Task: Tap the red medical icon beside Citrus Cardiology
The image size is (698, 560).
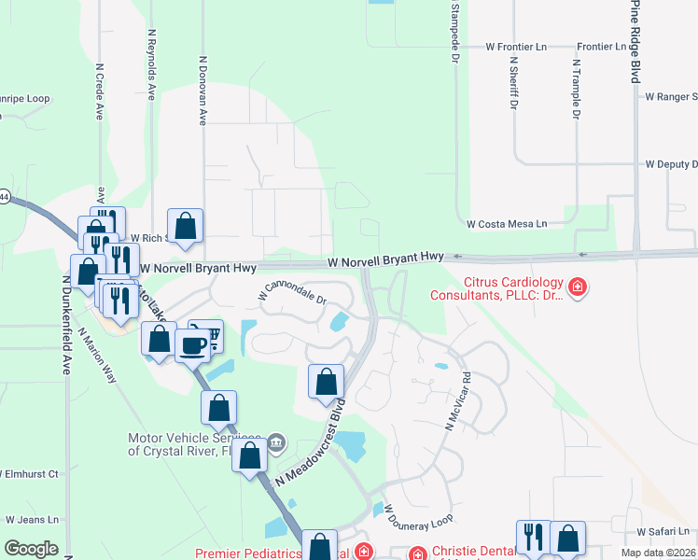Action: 578,287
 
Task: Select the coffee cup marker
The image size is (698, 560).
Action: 192,345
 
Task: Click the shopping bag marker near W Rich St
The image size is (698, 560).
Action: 186,226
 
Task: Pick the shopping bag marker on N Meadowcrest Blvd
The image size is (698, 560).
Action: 326,382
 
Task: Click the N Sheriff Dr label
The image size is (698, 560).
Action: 512,82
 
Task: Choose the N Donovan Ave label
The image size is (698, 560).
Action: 202,90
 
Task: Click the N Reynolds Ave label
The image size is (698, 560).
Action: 151,63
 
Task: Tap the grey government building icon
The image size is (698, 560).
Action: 276,441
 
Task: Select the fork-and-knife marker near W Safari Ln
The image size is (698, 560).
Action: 533,537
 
